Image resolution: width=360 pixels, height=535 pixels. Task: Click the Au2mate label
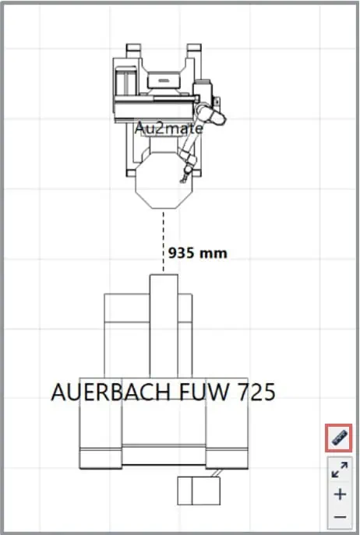[169, 128]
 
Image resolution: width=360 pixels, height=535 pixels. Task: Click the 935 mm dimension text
[198, 253]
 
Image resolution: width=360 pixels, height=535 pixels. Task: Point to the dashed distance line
[164, 242]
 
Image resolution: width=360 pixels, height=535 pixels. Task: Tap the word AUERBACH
[111, 392]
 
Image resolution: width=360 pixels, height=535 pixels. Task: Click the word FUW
[203, 392]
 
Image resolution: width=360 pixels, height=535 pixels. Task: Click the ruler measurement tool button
[338, 438]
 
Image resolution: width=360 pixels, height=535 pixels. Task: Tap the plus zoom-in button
[340, 494]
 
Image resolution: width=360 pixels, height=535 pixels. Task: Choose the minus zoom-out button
[340, 517]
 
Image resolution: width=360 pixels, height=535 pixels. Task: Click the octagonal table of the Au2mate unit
[165, 180]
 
